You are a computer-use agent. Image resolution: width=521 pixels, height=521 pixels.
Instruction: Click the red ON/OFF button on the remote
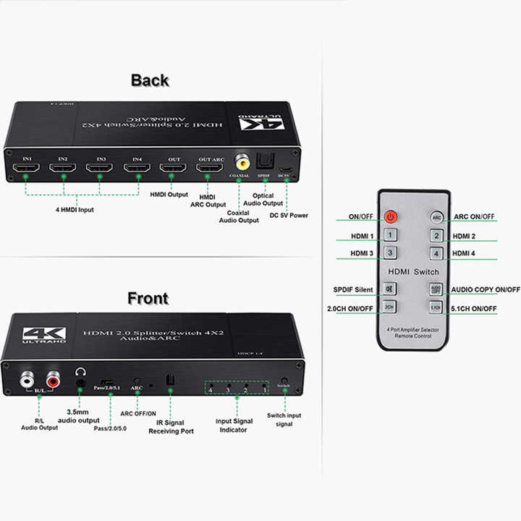[x=390, y=216]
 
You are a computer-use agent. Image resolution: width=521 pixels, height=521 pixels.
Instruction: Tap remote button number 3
[x=390, y=253]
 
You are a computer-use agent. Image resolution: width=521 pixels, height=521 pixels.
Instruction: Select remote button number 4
[x=436, y=253]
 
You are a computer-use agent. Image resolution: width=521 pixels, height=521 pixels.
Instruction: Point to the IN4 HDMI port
[x=137, y=169]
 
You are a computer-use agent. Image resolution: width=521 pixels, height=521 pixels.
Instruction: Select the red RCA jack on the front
[x=54, y=378]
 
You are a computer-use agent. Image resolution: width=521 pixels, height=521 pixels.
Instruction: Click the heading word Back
[x=150, y=80]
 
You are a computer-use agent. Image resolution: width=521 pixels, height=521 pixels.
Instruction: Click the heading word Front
[x=148, y=298]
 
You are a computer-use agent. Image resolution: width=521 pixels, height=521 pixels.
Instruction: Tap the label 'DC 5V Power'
[x=289, y=215]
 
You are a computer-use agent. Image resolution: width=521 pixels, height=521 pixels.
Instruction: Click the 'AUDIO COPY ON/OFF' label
[x=486, y=289]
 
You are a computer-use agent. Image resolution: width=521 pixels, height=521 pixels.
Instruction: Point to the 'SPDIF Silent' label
[x=354, y=289]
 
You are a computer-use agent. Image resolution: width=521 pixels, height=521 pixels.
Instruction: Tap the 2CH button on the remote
[x=390, y=307]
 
